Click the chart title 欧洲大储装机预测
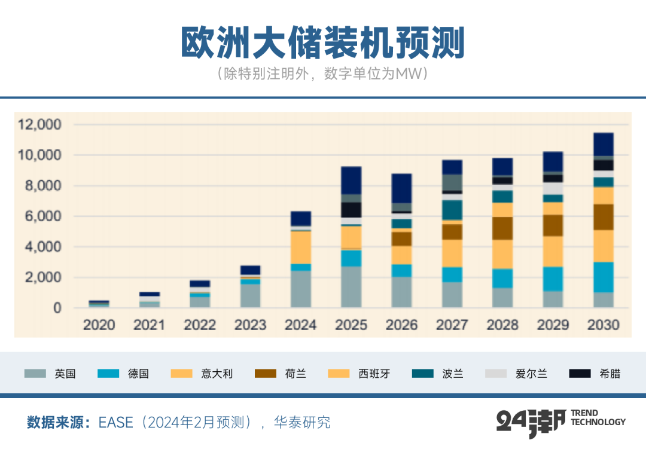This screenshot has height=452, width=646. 322,43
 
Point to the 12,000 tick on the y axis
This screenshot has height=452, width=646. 40,125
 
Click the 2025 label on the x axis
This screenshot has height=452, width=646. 351,326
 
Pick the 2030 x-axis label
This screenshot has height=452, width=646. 603,326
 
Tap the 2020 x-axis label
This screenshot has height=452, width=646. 99,326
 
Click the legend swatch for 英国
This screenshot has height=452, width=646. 35,374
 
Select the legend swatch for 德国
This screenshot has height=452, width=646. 108,374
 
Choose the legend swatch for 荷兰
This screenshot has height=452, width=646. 266,374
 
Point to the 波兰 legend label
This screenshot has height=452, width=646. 452,374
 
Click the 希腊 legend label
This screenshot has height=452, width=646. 610,374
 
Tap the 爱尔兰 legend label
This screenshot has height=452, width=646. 531,374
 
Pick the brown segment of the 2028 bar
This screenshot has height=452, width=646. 502,228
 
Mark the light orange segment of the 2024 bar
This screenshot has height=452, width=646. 301,247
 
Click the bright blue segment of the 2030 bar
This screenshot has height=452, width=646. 603,277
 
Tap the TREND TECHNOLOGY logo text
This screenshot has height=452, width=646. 598,417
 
